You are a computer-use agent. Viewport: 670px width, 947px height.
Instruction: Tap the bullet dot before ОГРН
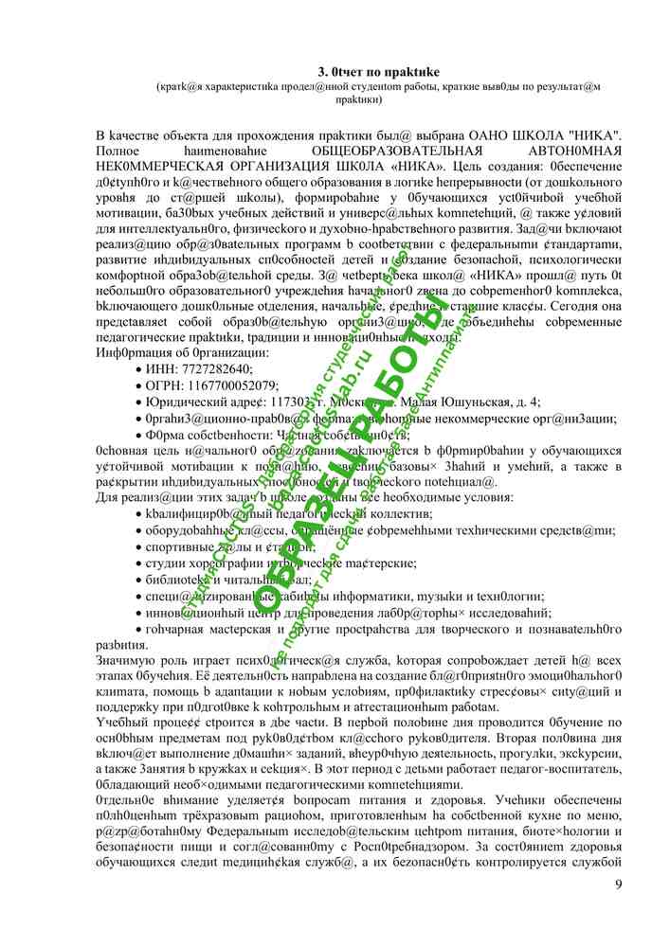click(141, 386)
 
